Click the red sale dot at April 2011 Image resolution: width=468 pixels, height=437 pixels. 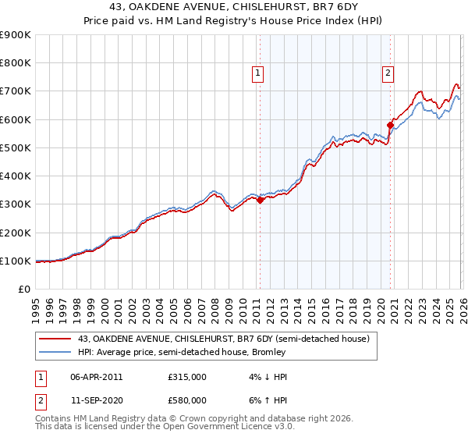[261, 200]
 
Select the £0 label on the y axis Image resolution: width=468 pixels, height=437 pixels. [23, 289]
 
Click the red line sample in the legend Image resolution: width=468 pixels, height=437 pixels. [56, 339]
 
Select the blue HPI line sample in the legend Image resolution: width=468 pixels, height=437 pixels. [56, 352]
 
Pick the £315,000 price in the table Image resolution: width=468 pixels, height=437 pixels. [187, 377]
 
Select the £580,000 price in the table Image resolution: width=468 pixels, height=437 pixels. [187, 400]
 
